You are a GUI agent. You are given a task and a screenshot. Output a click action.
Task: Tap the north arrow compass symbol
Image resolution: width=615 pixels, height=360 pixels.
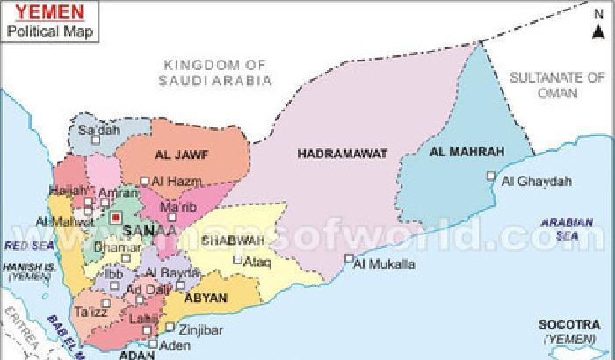click(599, 26)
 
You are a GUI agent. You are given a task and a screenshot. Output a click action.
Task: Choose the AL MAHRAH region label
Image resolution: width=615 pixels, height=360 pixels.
click(467, 152)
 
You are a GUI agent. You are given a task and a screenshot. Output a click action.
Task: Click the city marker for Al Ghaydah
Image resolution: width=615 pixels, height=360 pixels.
click(491, 177)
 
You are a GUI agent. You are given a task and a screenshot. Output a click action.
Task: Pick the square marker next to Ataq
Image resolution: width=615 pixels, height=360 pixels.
click(236, 260)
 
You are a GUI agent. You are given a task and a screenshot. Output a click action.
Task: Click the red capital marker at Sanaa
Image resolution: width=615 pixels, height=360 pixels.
click(115, 215)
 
